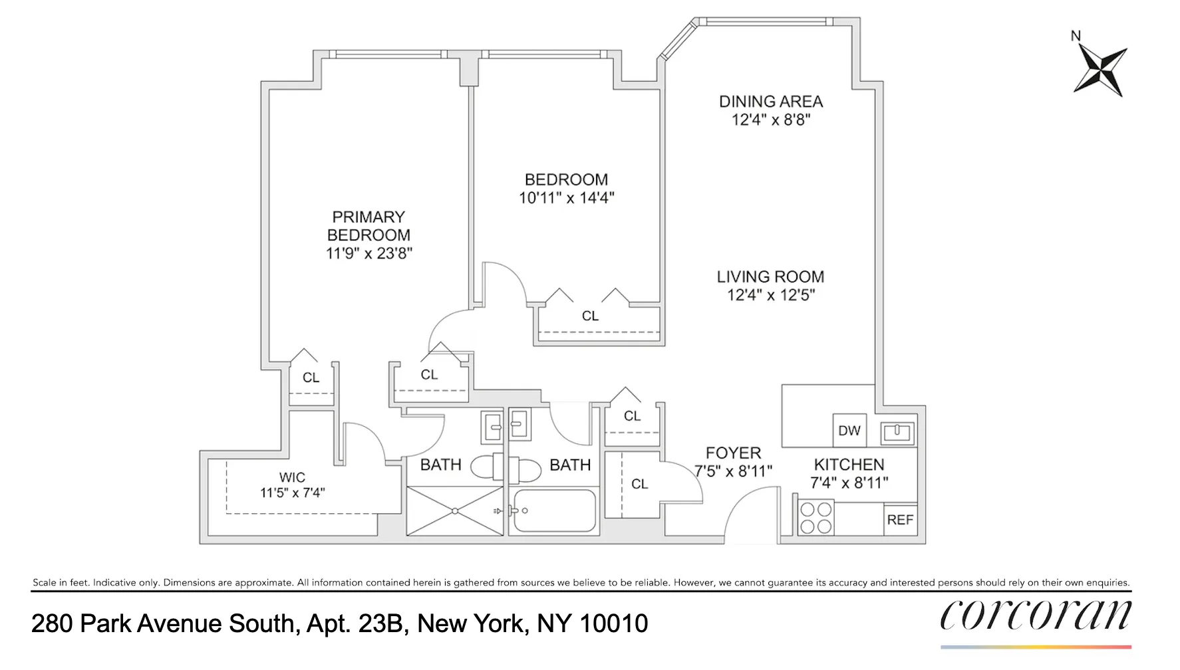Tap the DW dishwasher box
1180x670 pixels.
click(849, 431)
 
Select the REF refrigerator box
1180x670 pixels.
click(900, 520)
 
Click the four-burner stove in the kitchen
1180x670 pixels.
click(815, 518)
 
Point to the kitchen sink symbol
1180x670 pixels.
click(897, 433)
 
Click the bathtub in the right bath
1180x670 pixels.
click(554, 511)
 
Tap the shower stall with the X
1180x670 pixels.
click(455, 510)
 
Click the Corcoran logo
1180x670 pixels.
click(1035, 616)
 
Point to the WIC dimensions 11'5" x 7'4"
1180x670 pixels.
click(292, 493)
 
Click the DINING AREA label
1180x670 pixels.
click(771, 102)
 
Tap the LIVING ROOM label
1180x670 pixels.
click(770, 277)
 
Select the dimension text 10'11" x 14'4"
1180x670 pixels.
click(567, 198)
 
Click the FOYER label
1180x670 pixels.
click(733, 453)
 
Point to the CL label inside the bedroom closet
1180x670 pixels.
click(590, 316)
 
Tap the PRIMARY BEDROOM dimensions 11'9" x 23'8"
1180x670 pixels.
click(369, 253)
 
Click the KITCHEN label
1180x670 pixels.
click(849, 465)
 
